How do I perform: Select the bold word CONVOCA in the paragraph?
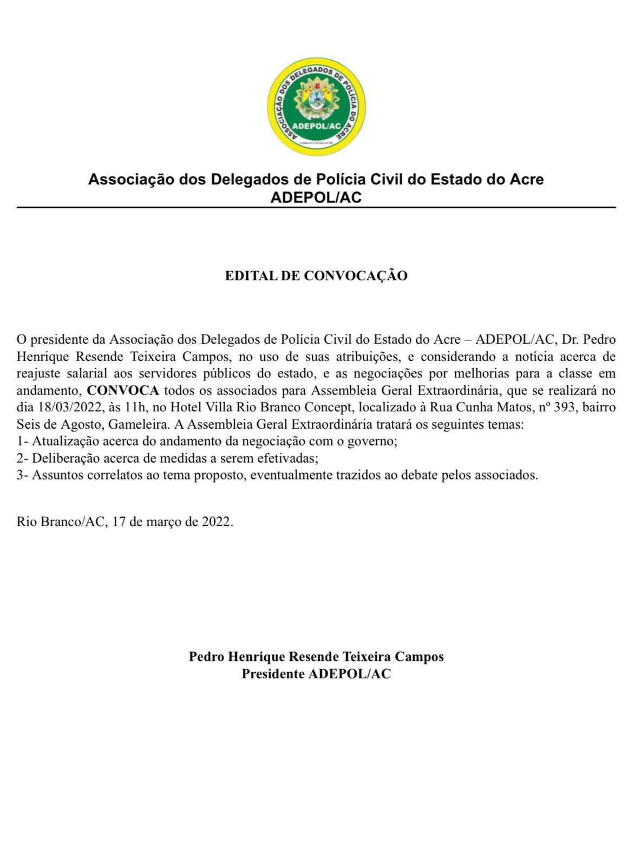[123, 391]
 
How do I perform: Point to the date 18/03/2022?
[70, 408]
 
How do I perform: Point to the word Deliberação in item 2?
[66, 458]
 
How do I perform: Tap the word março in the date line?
[163, 522]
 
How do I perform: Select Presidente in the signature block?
[272, 674]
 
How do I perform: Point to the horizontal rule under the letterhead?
[316, 207]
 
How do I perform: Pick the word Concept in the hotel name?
[328, 408]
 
